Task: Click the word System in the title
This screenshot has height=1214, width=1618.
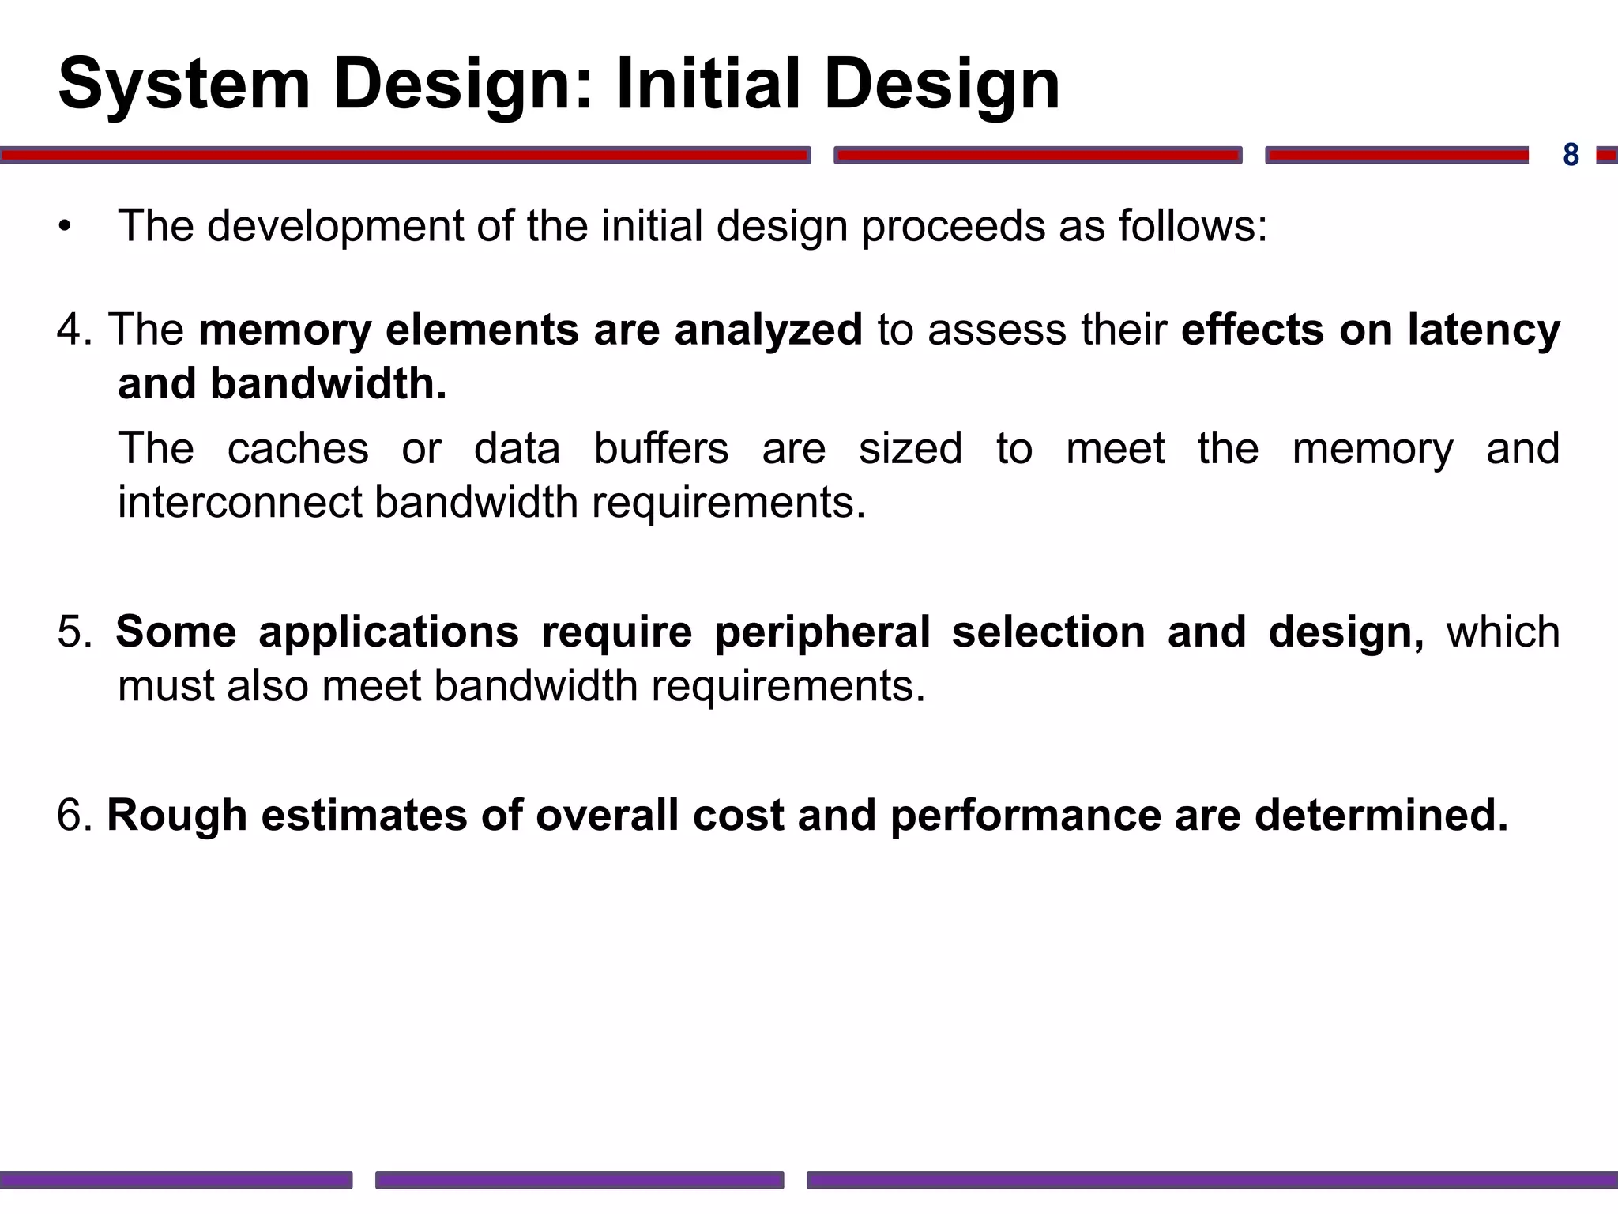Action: [183, 84]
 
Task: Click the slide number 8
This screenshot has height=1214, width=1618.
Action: [1571, 155]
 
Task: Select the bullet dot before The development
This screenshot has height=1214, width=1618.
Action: [65, 228]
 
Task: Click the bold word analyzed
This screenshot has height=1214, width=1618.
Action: [768, 330]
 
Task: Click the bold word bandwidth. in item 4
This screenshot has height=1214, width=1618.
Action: [328, 384]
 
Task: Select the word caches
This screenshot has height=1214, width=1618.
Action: [298, 449]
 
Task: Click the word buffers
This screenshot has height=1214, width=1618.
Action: [660, 449]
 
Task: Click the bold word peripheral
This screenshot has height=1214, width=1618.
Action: [822, 632]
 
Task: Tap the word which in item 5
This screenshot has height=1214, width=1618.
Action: [1503, 632]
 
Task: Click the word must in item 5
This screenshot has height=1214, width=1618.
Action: [165, 686]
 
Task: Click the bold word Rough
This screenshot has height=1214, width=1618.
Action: [177, 816]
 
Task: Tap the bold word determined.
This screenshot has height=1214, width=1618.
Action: [1381, 816]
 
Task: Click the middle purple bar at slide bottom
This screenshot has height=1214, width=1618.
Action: [579, 1180]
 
